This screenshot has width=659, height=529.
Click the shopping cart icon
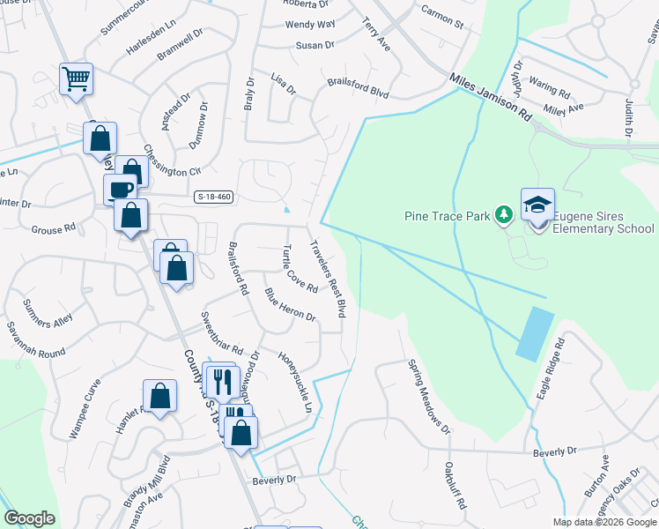point(76,78)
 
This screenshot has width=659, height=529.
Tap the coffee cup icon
point(120,188)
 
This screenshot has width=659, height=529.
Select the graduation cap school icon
point(537,205)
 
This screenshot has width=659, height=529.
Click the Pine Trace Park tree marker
point(503,215)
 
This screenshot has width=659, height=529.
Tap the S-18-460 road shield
point(214,197)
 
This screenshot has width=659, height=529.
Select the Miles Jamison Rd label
point(492,97)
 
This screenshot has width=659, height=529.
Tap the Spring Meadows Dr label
point(428,395)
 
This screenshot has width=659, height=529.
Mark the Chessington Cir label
point(173,160)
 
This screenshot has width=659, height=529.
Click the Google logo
point(29,518)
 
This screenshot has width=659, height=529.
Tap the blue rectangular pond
point(535,332)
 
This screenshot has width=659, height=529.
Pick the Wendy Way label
point(309,24)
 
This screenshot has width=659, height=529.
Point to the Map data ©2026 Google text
point(604,521)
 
